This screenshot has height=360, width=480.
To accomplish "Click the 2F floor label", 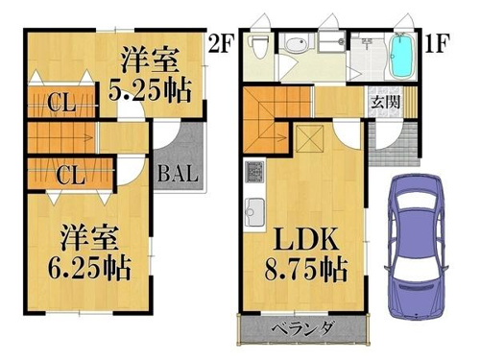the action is coord(222,43).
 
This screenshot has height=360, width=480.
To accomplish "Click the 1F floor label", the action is coord(438,43).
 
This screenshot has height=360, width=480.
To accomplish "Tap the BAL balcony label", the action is coord(178,174).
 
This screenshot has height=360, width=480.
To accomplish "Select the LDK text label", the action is coord(306,239).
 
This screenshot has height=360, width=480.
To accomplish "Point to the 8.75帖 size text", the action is coord(306,270).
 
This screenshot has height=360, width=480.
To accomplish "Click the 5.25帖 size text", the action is coord(150,89).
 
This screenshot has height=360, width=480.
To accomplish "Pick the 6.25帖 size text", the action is coord(89,268).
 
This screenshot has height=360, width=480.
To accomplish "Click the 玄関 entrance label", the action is coord(385,102).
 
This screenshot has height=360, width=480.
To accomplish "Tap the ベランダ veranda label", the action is coord(303,328).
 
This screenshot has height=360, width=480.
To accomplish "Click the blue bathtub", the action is coord(401,57).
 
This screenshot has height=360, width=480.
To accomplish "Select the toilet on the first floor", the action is coord(258,47).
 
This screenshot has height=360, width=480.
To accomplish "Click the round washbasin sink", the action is coord(296,43).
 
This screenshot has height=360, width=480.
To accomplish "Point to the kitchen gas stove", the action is coord(254,172).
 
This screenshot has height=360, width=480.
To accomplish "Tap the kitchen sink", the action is coord(254,211).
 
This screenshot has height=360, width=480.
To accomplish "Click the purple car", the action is coord(417,248).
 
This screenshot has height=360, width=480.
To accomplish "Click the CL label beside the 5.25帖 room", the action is coord(61,103).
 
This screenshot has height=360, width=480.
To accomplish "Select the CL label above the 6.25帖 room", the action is coord(71,175).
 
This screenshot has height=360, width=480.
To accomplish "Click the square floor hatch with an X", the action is coord(310,138).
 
